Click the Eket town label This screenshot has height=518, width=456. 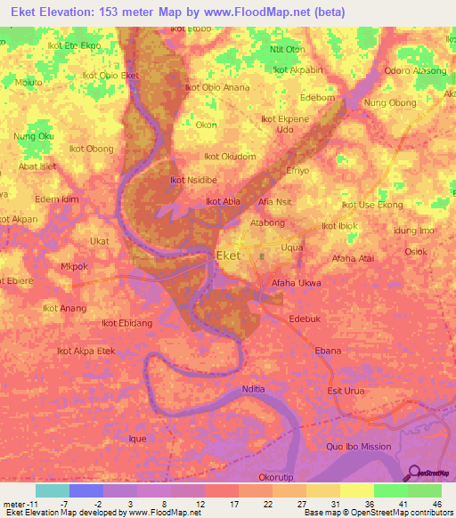(229, 255)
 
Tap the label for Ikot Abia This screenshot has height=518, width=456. (224, 201)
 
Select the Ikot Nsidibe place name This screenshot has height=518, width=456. (193, 180)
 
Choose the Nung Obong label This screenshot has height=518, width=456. (390, 103)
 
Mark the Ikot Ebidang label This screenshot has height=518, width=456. (128, 323)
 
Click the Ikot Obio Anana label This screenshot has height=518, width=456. (216, 87)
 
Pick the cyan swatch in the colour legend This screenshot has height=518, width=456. (52, 490)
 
